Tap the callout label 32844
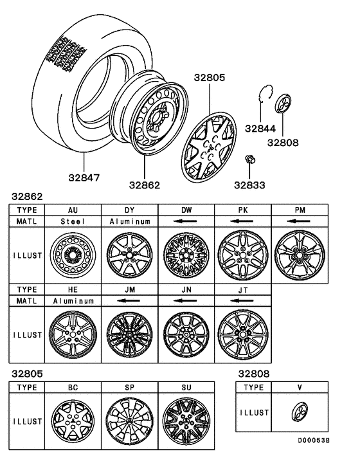[x=260, y=128]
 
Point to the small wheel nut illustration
[x=249, y=159]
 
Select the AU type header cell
[x=73, y=210]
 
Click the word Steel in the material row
[x=73, y=221]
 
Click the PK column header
[x=242, y=210]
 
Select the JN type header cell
[x=186, y=289]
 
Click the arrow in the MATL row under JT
[x=242, y=300]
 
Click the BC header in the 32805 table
[x=73, y=388]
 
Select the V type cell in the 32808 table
[x=300, y=388]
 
